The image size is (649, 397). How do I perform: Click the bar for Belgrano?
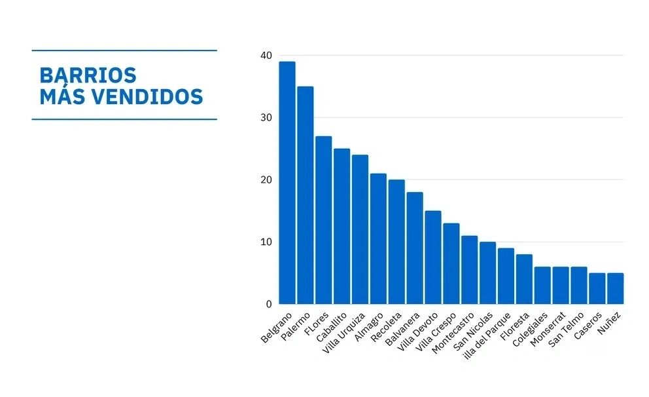287,183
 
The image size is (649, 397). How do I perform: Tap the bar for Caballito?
342,226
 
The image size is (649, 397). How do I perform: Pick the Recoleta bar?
396,242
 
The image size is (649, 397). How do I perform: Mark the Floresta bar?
524,279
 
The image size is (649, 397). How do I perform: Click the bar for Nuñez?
615,288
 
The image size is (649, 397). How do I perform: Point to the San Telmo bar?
578,285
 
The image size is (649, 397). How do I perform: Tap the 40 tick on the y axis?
266,56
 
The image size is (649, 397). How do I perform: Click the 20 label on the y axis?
266,180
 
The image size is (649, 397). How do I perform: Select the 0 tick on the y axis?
268,305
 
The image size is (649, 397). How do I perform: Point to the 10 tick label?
266,242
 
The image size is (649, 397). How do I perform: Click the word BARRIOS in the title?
88,75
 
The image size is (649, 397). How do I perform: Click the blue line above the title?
124,50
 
